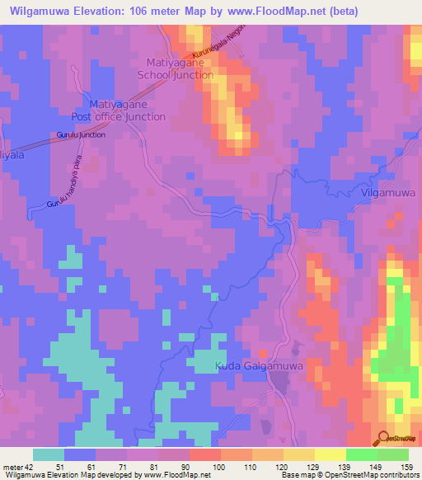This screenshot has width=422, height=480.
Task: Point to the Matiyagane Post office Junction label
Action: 128,111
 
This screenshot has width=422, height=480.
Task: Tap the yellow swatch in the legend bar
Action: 299,455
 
